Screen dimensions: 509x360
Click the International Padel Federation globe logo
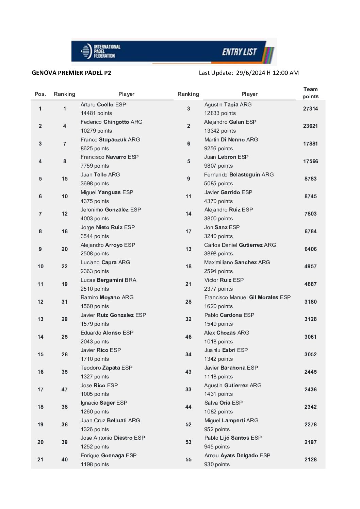tap(86, 51)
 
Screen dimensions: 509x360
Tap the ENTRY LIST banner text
tap(239, 52)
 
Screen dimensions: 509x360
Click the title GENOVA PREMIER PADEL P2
tap(71, 73)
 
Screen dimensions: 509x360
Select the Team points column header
tap(310, 93)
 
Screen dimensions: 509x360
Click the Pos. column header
tap(40, 94)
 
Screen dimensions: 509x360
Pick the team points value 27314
tap(310, 109)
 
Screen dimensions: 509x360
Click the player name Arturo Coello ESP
tap(103, 105)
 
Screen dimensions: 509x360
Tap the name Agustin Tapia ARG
tap(228, 105)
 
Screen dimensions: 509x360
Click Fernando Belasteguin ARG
tap(239, 175)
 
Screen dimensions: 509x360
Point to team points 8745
tap(310, 197)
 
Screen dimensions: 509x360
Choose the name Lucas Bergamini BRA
tap(108, 280)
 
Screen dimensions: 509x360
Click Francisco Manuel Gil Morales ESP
tap(247, 298)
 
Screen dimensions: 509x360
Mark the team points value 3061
tap(310, 337)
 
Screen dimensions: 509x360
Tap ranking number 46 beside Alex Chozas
tap(189, 337)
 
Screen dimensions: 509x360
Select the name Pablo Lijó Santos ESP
tap(233, 438)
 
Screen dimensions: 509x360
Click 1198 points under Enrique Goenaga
tap(95, 464)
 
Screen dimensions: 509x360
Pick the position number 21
tap(40, 460)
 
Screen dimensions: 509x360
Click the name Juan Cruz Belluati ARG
tap(110, 421)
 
